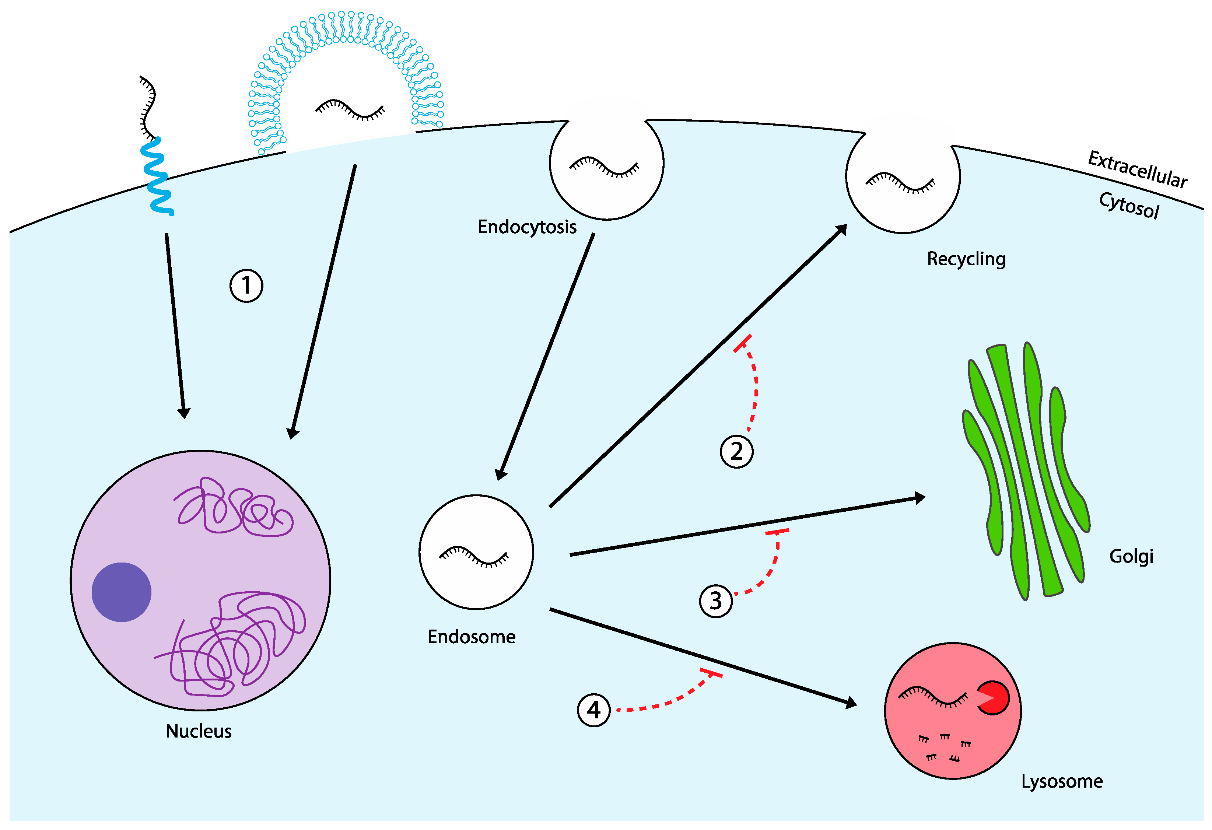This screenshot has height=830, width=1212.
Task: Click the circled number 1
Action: tap(246, 286)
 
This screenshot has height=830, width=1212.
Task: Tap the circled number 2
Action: tap(736, 451)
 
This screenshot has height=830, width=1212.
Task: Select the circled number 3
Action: tap(715, 601)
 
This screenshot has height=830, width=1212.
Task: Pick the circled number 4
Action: tap(593, 710)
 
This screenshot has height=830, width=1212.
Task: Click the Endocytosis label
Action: tap(527, 227)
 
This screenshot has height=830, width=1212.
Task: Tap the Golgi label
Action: tap(1131, 557)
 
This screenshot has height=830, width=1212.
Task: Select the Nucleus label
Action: tap(199, 731)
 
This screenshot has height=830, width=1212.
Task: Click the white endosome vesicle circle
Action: tap(476, 552)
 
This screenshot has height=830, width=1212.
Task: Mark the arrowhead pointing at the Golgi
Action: tap(919, 498)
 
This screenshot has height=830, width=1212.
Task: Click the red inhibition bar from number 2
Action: tap(742, 344)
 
